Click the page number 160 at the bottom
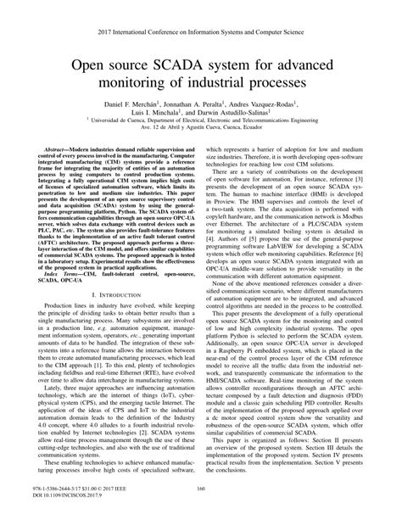click(x=201, y=488)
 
